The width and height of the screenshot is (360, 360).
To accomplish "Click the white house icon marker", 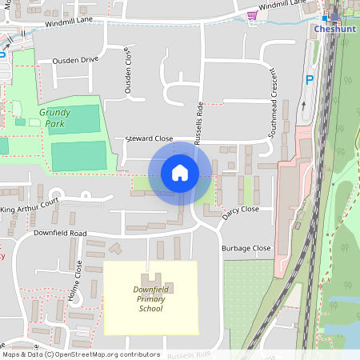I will click(x=180, y=173).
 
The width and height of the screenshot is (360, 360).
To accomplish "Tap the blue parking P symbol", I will click(x=310, y=80).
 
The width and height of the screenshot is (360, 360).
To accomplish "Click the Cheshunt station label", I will click(x=334, y=29).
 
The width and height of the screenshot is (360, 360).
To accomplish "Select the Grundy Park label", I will click(x=54, y=118).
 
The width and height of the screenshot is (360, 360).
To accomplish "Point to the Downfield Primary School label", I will click(x=150, y=298).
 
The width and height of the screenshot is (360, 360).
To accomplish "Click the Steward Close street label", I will click(x=149, y=138).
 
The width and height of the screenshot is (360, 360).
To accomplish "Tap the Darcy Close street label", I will click(x=241, y=209).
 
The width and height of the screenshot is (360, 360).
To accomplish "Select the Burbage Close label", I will click(x=246, y=248).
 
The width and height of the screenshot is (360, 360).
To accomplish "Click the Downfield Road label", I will click(x=60, y=233).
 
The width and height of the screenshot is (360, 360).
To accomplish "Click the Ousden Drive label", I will click(x=74, y=59).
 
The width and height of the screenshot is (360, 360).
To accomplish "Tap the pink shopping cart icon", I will click(x=253, y=15).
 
